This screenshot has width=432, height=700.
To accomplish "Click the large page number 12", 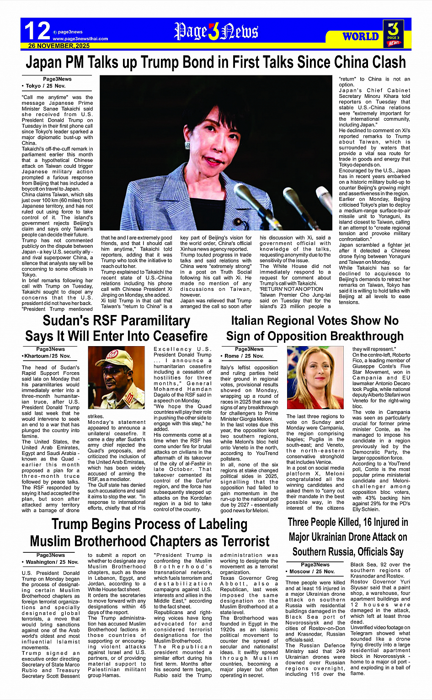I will (37, 31).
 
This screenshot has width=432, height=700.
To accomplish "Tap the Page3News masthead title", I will (216, 32).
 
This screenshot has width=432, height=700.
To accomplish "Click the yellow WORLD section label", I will (361, 37).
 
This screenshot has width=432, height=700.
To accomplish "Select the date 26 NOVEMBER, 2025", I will (59, 46).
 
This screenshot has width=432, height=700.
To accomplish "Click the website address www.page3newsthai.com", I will (80, 39).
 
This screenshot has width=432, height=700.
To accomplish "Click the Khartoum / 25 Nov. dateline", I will (47, 356).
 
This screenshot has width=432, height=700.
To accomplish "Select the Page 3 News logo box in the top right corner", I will (394, 33).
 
